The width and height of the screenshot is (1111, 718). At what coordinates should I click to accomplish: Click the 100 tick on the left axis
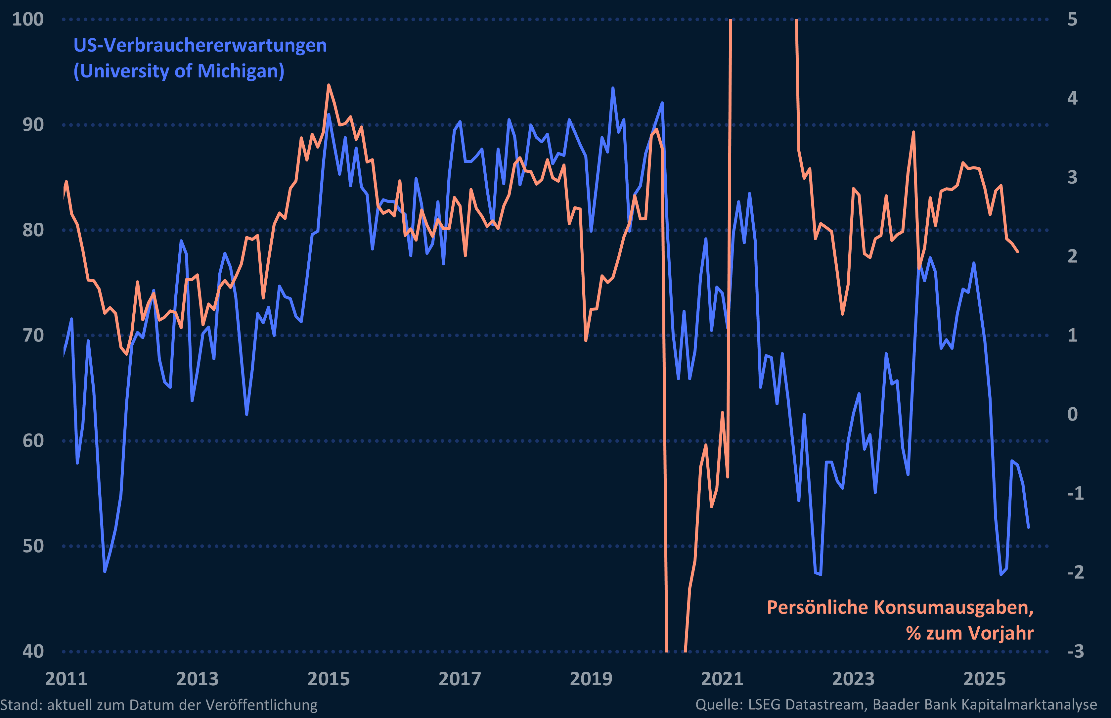28,20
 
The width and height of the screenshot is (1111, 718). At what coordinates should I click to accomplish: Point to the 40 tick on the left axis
33,651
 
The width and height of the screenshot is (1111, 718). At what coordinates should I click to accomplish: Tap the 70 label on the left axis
33,335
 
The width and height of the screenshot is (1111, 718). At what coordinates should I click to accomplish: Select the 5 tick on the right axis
1072,20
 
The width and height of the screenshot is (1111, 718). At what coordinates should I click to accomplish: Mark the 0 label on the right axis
1072,414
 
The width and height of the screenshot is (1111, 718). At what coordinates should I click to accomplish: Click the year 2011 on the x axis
66,679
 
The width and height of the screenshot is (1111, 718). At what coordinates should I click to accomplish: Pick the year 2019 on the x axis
591,679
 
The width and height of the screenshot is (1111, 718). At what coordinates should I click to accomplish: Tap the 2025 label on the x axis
984,679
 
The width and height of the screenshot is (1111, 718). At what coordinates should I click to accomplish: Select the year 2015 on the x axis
329,679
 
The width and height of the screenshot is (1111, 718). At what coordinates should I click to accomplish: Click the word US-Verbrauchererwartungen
200,46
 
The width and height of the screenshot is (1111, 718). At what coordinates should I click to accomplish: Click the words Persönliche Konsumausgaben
900,607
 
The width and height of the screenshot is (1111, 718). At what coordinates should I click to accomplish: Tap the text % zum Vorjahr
970,633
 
